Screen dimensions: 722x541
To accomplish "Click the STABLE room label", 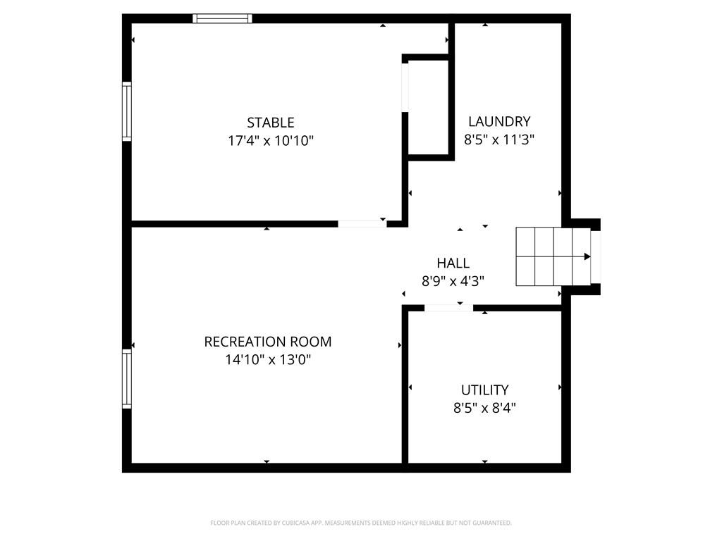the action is tap(271, 123).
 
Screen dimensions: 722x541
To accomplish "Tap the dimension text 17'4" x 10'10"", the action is tap(271, 141).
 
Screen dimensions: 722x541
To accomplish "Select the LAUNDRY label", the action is tap(499, 121).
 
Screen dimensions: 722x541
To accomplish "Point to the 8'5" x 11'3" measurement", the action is tap(499, 139).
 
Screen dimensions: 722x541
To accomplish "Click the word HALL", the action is tap(453, 263).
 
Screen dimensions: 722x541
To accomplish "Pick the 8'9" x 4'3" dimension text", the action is tap(453, 281).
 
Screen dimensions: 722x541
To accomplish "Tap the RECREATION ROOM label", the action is tap(267, 342).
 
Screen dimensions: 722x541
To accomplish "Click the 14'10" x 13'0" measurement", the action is tap(267, 360).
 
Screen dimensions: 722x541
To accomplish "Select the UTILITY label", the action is tap(485, 390).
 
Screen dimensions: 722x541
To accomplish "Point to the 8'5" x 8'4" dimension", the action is tap(485, 408).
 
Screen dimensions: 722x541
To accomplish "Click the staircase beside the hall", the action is tap(553, 256).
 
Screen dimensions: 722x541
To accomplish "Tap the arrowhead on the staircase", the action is tap(587, 256).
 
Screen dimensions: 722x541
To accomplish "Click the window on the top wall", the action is tap(222, 18).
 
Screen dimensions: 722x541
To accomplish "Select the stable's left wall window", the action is tap(127, 111).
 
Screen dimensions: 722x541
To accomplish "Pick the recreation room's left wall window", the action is tap(127, 378).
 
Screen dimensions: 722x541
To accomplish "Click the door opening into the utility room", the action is tap(448, 308).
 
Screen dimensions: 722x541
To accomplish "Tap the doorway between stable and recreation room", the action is tap(362, 224).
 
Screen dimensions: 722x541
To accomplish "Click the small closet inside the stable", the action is tap(428, 108).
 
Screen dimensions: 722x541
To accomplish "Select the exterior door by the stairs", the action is tap(596, 256).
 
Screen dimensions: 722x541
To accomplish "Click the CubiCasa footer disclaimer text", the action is tap(361, 523).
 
